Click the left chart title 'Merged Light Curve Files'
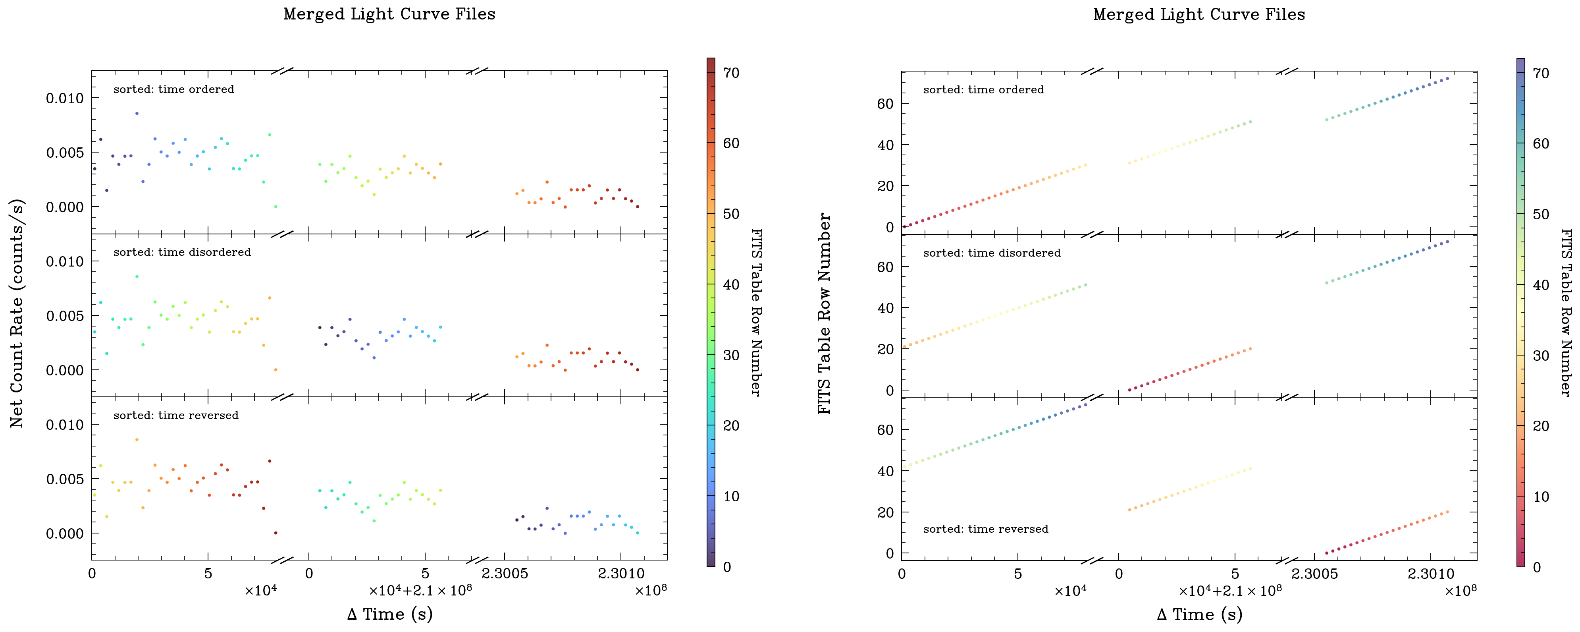389,14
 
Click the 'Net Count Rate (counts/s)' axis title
17,313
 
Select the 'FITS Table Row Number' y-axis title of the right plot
825,313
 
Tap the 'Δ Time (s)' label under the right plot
1199,614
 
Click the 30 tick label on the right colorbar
1540,355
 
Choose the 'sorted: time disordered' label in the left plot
182,252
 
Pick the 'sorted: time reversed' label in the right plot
986,529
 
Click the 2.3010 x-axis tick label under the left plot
621,574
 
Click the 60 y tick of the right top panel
885,104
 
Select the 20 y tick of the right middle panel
885,349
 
